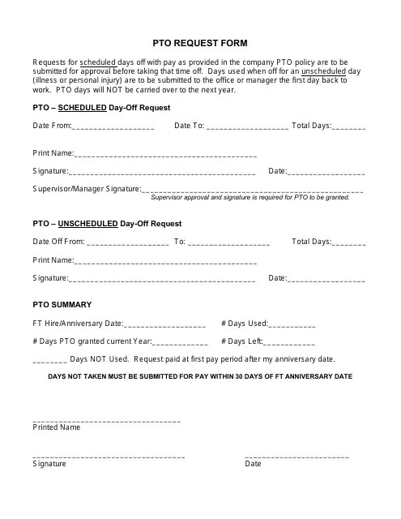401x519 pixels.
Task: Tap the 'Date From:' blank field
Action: [x=113, y=128]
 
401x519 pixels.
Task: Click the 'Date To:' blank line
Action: [x=248, y=128]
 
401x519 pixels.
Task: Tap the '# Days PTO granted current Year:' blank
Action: [x=173, y=343]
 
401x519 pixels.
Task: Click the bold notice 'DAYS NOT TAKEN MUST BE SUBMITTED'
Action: [x=200, y=377]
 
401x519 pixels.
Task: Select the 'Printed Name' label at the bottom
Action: [x=56, y=427]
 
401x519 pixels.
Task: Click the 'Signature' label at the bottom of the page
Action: [x=49, y=464]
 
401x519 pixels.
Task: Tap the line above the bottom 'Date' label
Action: [x=296, y=457]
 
